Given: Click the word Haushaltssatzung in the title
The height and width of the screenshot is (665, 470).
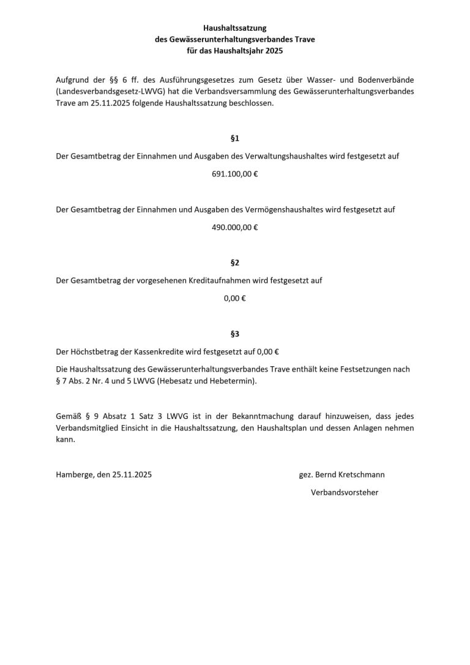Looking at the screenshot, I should point(234,28).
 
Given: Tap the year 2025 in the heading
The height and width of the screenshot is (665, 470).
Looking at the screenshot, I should point(273,51).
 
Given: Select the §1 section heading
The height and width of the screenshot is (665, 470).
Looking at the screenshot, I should point(234,138).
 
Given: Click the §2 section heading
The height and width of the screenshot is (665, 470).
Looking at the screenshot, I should point(234,263).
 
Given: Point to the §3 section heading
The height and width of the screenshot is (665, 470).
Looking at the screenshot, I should point(234,334).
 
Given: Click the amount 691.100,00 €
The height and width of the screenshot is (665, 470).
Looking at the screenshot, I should point(234,174).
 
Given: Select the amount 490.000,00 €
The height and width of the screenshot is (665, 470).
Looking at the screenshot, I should point(234,227).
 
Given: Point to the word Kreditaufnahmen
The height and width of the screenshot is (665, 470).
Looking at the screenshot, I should point(224,280).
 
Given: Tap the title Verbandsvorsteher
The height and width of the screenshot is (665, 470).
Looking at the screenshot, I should point(345,492).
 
